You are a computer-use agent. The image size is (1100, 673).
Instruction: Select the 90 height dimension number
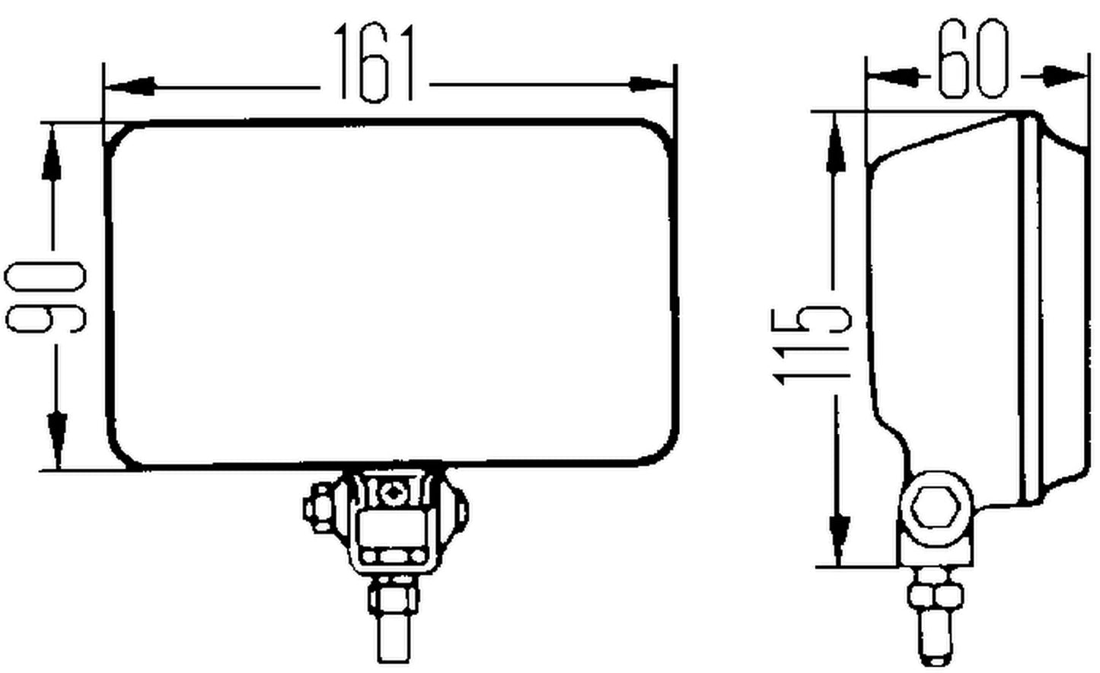pos(46,296)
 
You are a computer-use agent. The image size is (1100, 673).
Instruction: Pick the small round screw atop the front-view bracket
pos(392,492)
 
